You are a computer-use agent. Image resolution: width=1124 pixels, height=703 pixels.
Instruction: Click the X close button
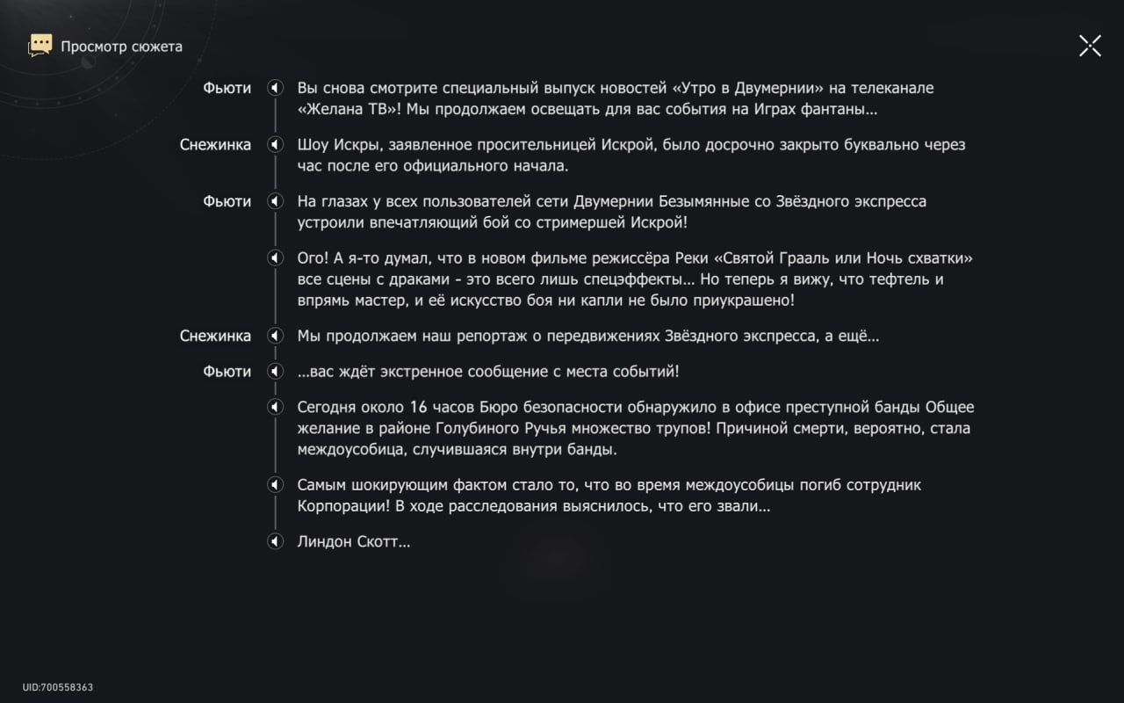(1090, 46)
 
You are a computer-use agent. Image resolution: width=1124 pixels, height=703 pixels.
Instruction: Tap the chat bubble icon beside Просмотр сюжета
(40, 46)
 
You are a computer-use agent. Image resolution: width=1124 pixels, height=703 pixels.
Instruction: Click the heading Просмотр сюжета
(121, 47)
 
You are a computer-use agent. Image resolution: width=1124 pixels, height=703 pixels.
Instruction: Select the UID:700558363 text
(58, 687)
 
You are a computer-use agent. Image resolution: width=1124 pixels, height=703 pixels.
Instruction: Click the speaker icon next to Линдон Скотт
(275, 541)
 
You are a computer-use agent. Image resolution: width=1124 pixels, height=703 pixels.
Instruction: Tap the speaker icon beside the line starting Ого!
(275, 258)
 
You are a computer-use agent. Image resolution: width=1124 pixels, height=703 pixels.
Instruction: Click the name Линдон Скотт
(353, 541)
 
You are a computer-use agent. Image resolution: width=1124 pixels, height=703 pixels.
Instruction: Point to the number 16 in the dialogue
(418, 408)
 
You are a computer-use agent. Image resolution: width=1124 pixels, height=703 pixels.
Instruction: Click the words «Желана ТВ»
(348, 110)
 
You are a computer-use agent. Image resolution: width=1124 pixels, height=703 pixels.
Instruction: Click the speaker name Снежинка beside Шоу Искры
(215, 144)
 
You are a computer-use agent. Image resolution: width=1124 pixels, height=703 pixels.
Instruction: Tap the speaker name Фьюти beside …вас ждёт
(227, 372)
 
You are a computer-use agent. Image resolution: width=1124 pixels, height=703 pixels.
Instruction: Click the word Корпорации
(344, 507)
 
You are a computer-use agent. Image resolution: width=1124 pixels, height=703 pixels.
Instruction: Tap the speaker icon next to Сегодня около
(275, 408)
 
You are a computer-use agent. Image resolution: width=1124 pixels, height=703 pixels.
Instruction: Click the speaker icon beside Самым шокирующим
(275, 485)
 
